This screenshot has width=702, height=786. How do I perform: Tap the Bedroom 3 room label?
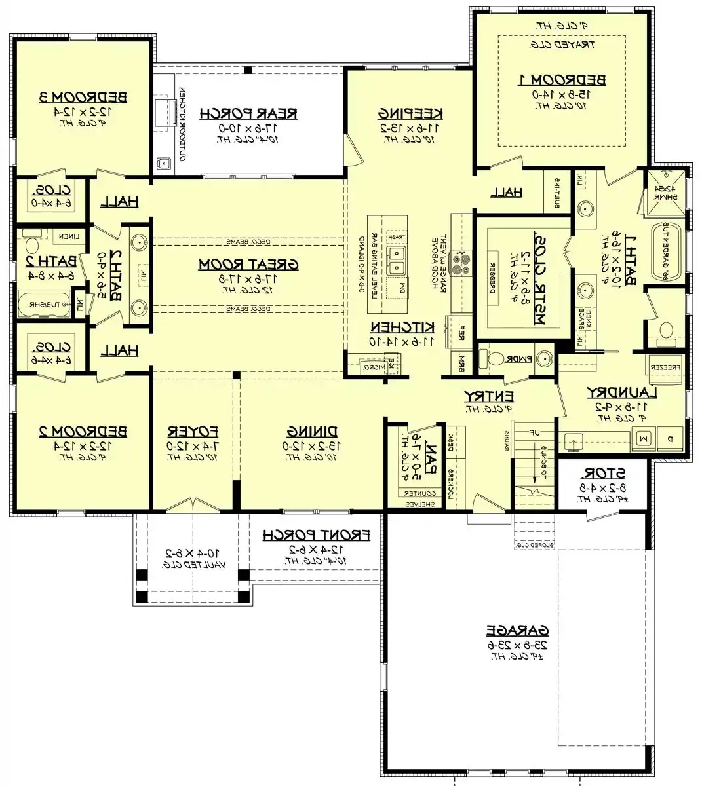point(83,97)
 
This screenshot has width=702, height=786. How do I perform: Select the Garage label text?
point(517,630)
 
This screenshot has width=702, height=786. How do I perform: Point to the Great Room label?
point(248,264)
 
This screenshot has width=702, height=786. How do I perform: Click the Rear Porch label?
point(248,113)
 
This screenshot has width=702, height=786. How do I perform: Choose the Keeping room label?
point(410,113)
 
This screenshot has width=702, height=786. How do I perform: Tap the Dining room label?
point(312,431)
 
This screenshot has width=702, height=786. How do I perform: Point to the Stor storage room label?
point(603,473)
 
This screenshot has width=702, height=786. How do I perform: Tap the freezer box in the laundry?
point(665,368)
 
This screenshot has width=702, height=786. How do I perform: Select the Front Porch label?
point(317,536)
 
